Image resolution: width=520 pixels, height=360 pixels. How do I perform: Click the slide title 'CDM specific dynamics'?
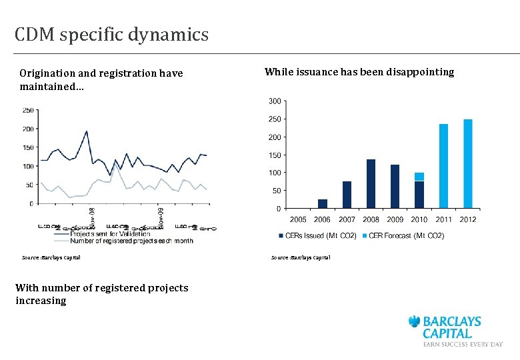pos(111,34)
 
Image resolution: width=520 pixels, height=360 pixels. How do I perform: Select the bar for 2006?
pos(323,203)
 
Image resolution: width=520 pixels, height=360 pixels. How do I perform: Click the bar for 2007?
pos(347,195)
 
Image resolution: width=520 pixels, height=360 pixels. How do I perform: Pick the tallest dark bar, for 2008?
pos(371,183)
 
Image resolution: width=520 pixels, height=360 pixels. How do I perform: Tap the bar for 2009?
pos(395,186)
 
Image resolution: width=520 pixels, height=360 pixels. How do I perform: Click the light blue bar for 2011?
pos(443,166)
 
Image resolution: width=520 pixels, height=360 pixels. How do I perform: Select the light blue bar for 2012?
pos(467,163)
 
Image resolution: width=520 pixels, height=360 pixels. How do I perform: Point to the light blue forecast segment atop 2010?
pos(419,177)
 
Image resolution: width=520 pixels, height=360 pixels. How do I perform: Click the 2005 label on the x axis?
pos(298,219)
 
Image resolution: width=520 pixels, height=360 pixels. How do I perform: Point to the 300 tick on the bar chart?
pos(274,101)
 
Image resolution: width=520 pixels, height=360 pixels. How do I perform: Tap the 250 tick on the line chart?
pos(28,110)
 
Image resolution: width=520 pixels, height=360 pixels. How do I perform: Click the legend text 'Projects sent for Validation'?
pos(111,233)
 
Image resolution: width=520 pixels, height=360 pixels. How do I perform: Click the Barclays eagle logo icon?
pos(415,322)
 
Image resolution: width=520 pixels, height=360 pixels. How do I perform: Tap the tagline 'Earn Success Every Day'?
pos(463,344)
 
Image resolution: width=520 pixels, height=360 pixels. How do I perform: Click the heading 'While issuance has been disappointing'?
pos(359,71)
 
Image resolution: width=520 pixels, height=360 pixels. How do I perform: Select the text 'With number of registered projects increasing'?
pos(101,294)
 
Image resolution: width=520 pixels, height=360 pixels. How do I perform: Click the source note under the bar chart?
pos(300,257)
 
